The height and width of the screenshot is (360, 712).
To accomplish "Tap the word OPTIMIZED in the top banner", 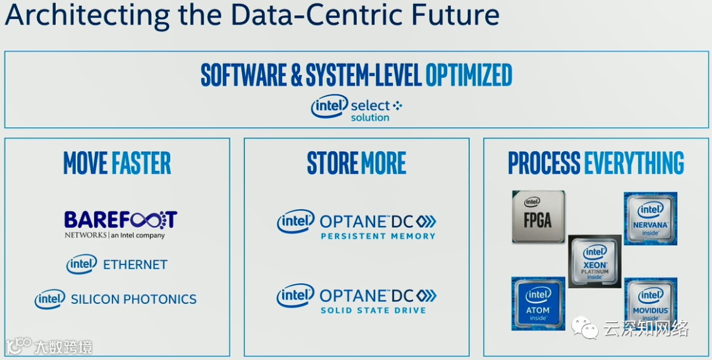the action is [x=469, y=75].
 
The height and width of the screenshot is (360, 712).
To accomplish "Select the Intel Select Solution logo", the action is [x=356, y=108].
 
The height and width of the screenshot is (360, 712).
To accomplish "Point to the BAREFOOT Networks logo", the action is [x=121, y=224].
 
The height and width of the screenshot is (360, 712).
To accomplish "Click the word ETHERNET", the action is [x=135, y=264].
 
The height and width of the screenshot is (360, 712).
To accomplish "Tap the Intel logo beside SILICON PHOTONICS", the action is [x=50, y=299].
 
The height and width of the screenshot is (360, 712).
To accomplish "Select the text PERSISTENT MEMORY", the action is [x=378, y=236].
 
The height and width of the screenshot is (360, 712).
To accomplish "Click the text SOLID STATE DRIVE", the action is [x=373, y=310].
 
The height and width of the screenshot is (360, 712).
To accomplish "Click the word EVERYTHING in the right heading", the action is [x=634, y=163].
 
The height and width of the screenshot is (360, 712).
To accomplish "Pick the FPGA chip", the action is [x=538, y=216].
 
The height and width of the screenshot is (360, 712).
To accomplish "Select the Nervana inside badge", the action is [x=651, y=219].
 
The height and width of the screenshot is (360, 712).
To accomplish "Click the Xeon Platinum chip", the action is [x=595, y=261].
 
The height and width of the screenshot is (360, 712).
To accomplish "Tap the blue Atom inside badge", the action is [x=538, y=303].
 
